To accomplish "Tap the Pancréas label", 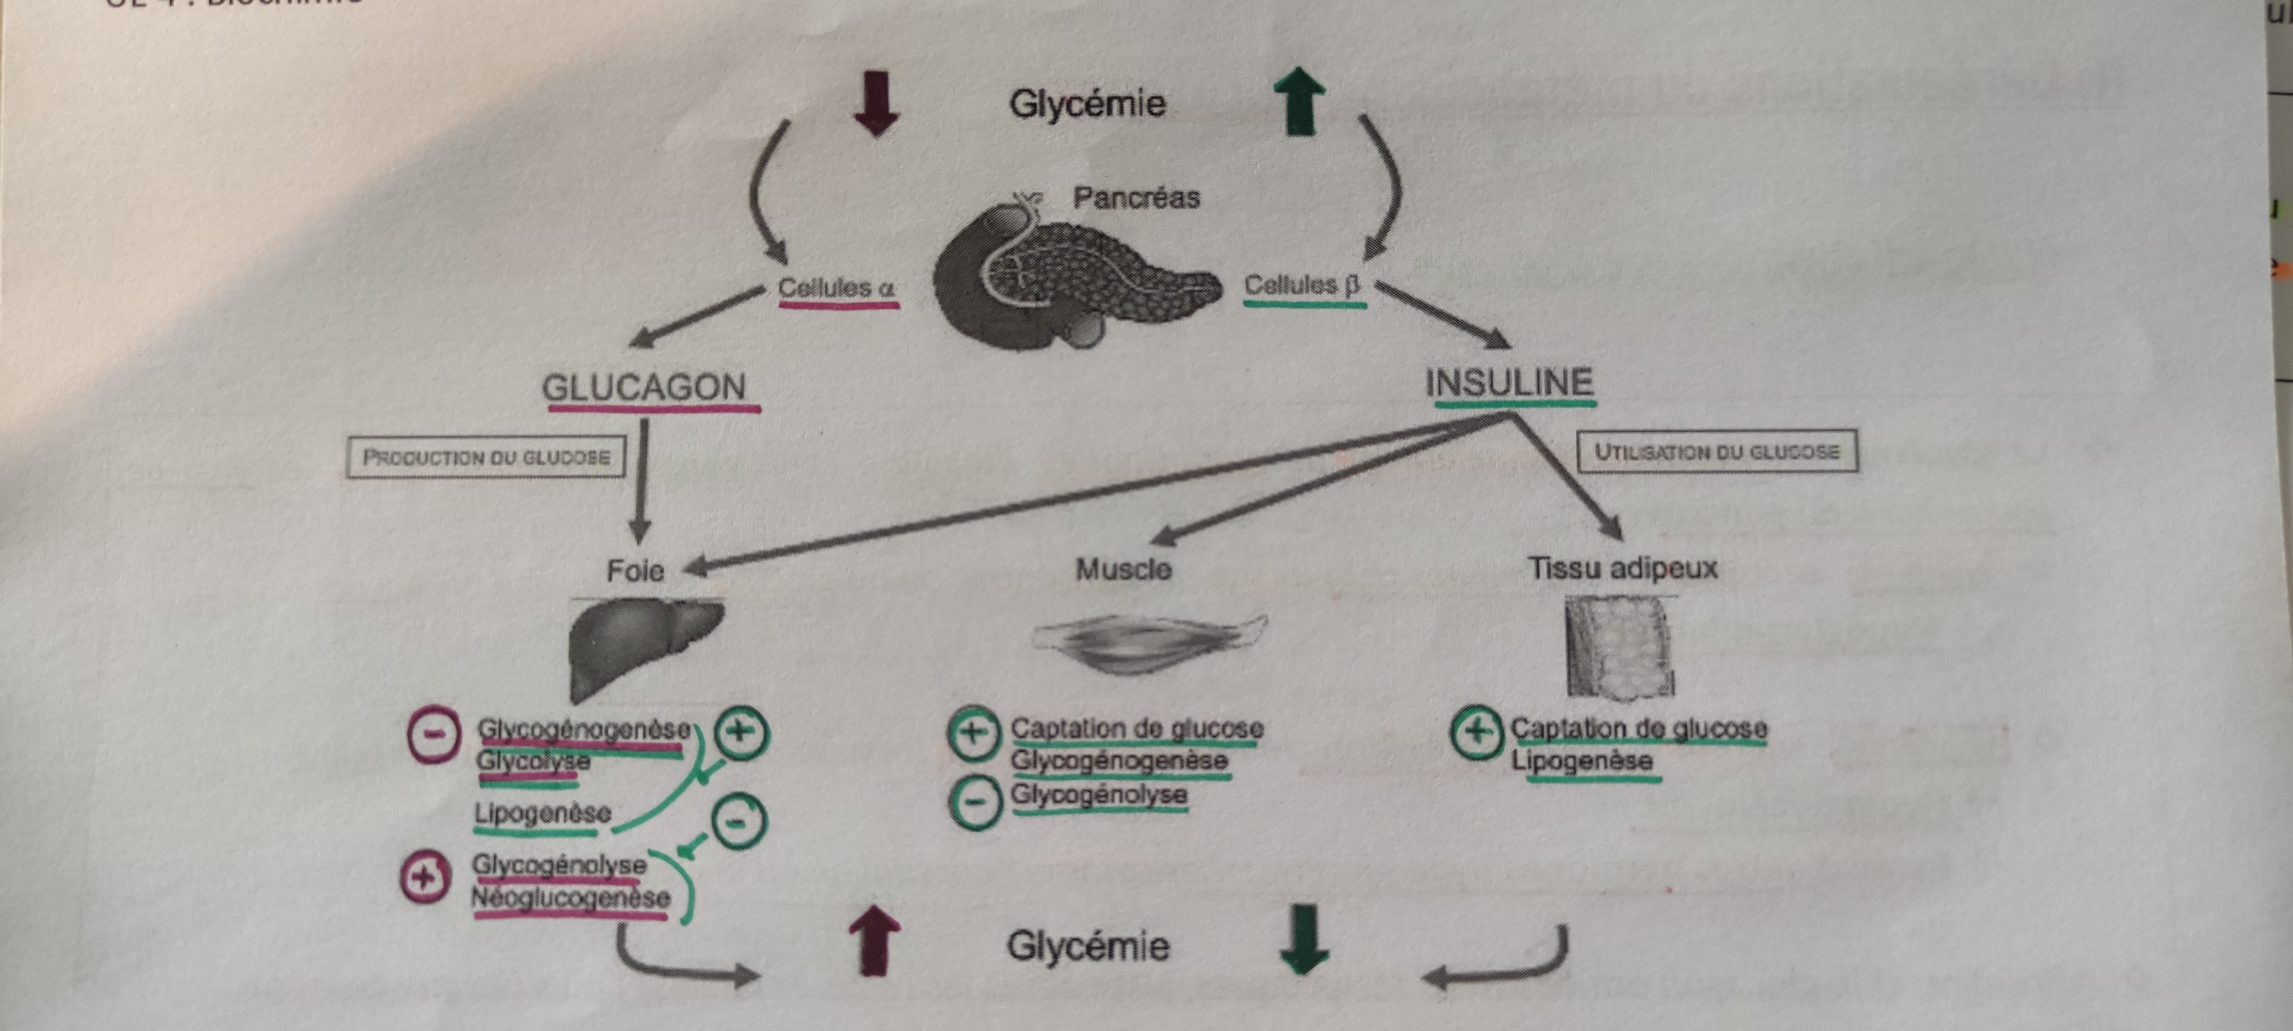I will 1136,197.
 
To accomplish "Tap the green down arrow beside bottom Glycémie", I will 1304,941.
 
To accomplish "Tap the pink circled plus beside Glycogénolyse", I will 425,878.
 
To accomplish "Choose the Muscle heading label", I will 1123,569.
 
